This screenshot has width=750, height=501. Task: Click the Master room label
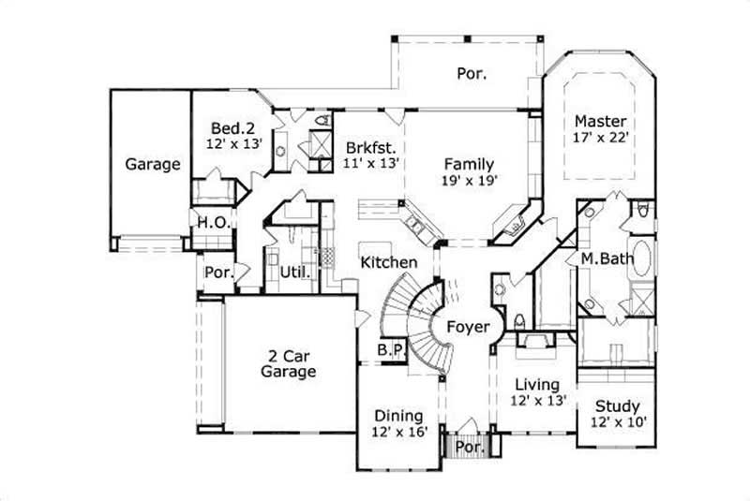coord(600,122)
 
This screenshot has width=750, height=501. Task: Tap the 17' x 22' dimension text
coord(600,138)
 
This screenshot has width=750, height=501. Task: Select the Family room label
coord(469,164)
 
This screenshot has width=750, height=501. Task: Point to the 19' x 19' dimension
coord(469,181)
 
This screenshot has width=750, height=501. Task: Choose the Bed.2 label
coord(232,128)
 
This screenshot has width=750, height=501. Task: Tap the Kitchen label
coord(388,263)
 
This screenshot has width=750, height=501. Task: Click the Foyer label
coord(467,327)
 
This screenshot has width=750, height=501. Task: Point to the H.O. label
coord(209,223)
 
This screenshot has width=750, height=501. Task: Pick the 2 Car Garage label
coord(287,363)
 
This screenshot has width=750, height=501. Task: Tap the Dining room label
coord(398,415)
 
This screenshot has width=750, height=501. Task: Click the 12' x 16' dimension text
coord(398,432)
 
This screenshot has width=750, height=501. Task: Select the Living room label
coord(536,384)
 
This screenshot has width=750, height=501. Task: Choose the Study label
coord(618,406)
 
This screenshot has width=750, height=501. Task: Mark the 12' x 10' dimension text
coord(618,423)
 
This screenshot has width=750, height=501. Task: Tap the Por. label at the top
coord(472,72)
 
